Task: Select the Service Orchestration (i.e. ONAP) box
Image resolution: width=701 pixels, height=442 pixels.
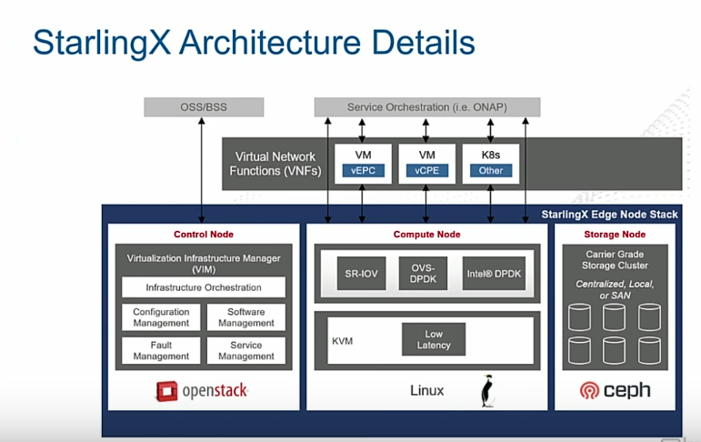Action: pyautogui.click(x=427, y=107)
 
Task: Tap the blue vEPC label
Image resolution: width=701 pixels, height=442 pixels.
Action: pyautogui.click(x=362, y=170)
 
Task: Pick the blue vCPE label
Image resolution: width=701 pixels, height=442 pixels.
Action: pyautogui.click(x=426, y=170)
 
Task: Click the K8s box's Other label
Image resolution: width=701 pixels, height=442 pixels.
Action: pyautogui.click(x=491, y=170)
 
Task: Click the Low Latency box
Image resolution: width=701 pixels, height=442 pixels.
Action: pyautogui.click(x=435, y=340)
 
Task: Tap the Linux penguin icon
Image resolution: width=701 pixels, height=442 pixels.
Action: pyautogui.click(x=487, y=392)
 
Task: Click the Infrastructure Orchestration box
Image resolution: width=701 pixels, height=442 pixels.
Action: pyautogui.click(x=204, y=287)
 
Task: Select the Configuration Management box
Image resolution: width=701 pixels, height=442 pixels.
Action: pyautogui.click(x=161, y=317)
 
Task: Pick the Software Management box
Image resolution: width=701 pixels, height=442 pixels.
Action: pyautogui.click(x=245, y=317)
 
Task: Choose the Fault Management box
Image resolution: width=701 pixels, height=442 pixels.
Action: pyautogui.click(x=161, y=351)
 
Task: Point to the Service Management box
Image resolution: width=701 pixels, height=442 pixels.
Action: pyautogui.click(x=245, y=351)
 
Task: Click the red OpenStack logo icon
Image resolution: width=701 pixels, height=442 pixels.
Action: pyautogui.click(x=165, y=392)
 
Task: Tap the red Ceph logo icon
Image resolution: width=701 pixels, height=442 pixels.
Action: pyautogui.click(x=589, y=391)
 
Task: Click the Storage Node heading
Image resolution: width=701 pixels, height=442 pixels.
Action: pyautogui.click(x=615, y=235)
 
